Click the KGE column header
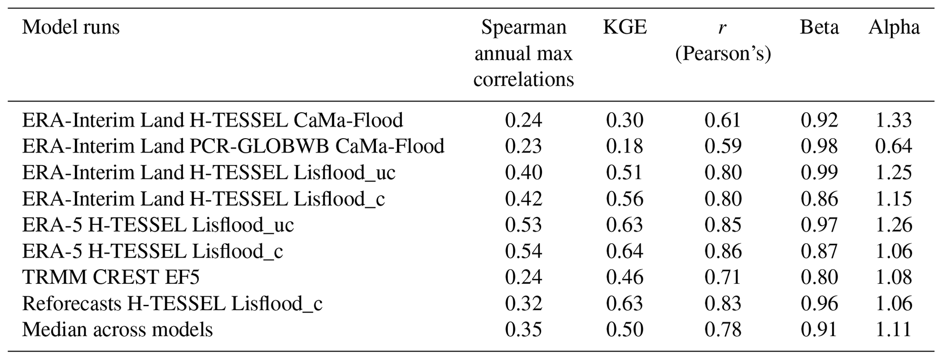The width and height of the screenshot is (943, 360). [x=625, y=28]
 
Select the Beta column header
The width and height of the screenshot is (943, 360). [x=819, y=28]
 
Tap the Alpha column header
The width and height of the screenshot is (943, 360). [x=894, y=28]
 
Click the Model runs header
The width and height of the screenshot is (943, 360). [x=71, y=27]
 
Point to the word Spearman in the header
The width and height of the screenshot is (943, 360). [x=523, y=28]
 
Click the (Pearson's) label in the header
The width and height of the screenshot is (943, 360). [x=723, y=54]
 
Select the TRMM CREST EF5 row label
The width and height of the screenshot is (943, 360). [x=111, y=277]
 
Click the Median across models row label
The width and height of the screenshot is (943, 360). [x=117, y=329]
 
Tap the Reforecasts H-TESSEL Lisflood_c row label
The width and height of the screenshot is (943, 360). [x=172, y=303]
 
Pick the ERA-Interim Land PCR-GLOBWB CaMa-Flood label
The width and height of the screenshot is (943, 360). [x=233, y=146]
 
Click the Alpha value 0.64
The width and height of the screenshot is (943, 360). [x=893, y=146]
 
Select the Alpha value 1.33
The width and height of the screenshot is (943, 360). [x=893, y=120]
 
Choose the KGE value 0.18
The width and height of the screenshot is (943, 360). [x=625, y=146]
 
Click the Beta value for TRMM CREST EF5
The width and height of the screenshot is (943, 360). [x=819, y=277]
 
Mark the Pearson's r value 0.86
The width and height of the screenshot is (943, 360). [x=723, y=251]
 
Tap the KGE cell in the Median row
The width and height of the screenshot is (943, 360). [x=625, y=329]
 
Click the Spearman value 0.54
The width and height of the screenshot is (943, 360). [x=523, y=251]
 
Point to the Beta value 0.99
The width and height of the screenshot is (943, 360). [x=819, y=172]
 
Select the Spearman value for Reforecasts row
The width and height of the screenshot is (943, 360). [x=523, y=303]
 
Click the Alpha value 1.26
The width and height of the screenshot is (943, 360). [x=893, y=225]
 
